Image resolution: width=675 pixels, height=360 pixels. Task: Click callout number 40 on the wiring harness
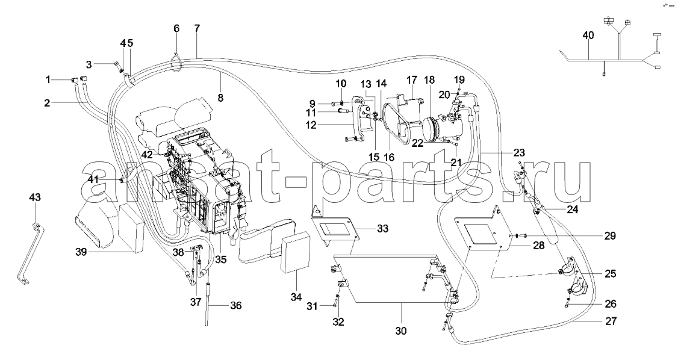[588, 36]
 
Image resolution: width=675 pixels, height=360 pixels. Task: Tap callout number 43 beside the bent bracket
[35, 197]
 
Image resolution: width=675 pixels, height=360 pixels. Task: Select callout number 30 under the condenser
[400, 331]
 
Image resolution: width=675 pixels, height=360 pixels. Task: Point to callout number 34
[297, 297]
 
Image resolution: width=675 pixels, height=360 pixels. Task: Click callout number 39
[81, 252]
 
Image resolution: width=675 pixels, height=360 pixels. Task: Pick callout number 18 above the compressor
[429, 80]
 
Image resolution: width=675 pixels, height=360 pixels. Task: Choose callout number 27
[611, 321]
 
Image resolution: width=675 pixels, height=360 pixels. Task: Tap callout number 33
[382, 228]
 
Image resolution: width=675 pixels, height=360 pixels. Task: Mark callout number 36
[235, 306]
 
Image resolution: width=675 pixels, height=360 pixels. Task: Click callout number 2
[47, 103]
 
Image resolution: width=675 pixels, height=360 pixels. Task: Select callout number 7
[197, 29]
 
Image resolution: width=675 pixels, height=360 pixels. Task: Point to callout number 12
[311, 125]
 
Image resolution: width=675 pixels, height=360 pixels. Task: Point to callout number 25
[611, 274]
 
